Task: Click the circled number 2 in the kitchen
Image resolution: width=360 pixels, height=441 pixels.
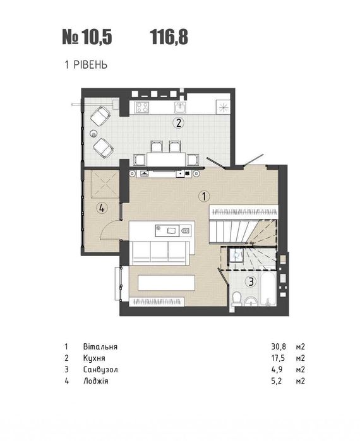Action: click(179, 123)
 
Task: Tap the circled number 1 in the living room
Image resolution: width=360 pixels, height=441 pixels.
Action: click(204, 196)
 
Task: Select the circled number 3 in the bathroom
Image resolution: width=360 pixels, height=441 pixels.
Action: click(251, 281)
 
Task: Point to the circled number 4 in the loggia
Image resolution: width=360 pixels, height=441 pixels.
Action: click(102, 208)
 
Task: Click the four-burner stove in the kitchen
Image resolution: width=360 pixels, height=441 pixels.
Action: click(141, 107)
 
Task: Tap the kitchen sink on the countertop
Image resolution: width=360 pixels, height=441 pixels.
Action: click(179, 107)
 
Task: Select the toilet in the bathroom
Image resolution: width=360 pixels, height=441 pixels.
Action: click(236, 298)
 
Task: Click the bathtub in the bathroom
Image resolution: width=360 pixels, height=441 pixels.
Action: click(267, 288)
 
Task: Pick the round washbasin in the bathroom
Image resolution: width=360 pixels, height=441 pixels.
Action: click(251, 302)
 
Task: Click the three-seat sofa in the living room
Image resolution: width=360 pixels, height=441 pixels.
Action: click(159, 252)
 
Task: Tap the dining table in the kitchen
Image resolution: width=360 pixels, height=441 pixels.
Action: click(166, 160)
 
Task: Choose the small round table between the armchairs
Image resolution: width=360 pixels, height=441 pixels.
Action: click(93, 133)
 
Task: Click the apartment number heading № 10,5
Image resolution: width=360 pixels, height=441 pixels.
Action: click(87, 37)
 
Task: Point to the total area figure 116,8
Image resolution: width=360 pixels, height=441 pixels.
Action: click(169, 37)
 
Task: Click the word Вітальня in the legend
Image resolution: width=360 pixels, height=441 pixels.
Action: click(100, 346)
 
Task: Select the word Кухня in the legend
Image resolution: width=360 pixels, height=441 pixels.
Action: click(94, 358)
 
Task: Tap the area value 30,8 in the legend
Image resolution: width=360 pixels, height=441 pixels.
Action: click(279, 346)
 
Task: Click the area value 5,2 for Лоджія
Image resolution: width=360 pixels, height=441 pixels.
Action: click(277, 381)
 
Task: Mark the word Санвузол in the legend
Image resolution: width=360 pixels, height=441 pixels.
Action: click(100, 369)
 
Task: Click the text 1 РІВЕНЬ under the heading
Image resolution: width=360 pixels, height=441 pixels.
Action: click(86, 65)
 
